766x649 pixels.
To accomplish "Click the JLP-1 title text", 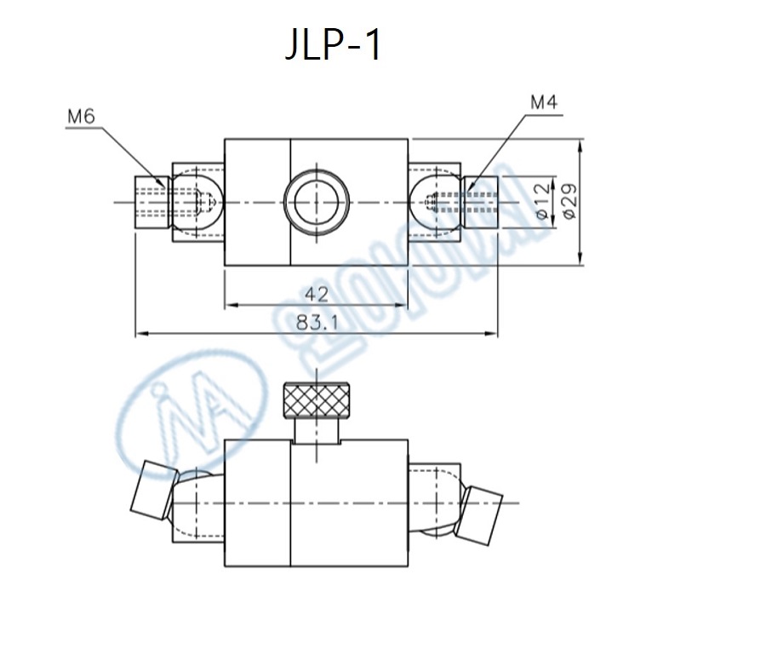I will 333,46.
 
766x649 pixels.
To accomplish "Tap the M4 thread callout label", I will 543,104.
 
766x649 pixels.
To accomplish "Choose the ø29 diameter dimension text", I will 569,202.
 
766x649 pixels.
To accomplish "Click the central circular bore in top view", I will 317,203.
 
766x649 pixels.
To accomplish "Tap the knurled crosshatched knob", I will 317,399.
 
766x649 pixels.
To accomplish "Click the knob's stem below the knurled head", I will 317,429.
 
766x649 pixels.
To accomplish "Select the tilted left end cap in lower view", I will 151,489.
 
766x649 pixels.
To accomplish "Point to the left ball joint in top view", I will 197,203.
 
